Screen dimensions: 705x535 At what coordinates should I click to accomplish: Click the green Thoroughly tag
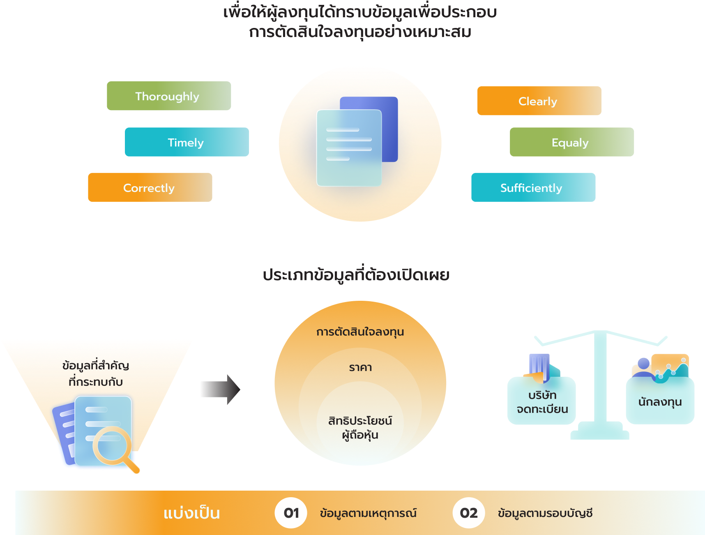[169, 96]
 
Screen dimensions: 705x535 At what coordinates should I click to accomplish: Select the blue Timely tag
[187, 142]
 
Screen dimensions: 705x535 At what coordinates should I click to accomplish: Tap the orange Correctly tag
[150, 187]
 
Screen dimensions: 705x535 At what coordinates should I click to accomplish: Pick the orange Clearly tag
[539, 101]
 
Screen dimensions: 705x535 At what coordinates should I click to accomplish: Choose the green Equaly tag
[572, 142]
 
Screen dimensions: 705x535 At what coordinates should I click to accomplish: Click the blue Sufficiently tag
[533, 187]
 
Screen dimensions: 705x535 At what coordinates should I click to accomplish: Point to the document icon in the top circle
[357, 141]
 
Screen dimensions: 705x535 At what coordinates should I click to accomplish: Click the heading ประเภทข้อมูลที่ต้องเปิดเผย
[356, 274]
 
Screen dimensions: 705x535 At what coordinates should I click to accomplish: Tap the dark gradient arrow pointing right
[221, 390]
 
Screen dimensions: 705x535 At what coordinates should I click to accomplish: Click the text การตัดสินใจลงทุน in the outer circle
[360, 332]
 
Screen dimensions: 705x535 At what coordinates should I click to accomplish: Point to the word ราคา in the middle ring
[360, 367]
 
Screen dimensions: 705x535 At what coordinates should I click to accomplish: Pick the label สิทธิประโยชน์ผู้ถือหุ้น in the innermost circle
[360, 428]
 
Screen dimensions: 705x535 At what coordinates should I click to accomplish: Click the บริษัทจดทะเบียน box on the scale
[541, 401]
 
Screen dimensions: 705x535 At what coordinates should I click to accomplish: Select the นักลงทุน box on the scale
[660, 401]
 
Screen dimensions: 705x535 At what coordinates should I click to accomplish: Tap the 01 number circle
[291, 513]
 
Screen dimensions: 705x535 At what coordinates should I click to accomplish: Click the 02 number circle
[469, 513]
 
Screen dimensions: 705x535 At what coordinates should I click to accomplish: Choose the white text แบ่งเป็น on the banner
[191, 513]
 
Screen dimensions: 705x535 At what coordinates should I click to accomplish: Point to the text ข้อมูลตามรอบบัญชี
[545, 513]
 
